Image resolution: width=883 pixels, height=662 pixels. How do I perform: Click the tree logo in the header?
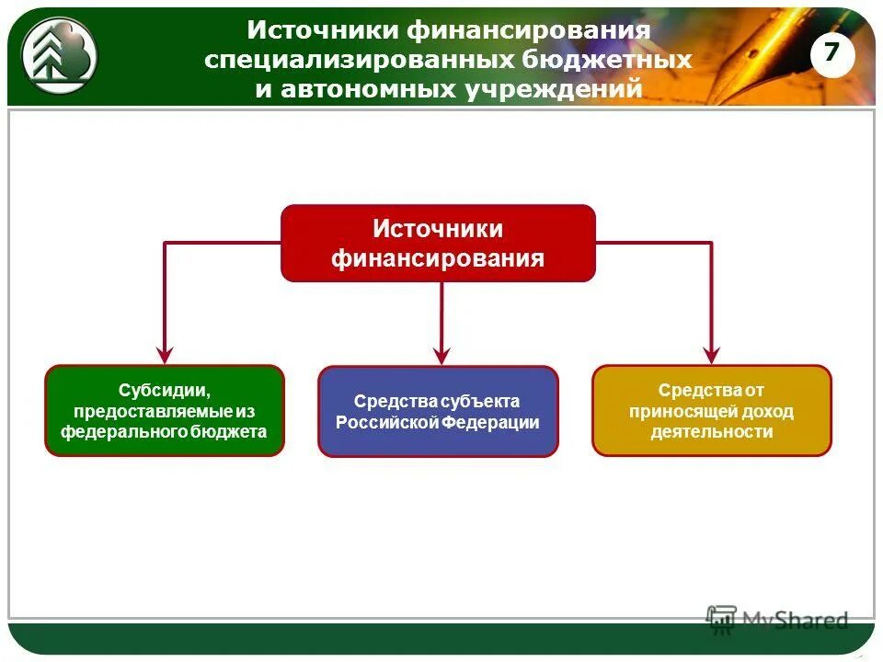(x=59, y=53)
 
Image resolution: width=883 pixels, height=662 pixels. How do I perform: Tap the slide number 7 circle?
(x=831, y=53)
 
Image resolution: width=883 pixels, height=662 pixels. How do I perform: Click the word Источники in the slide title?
(x=321, y=29)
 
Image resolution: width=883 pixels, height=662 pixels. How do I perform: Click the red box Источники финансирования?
(x=438, y=243)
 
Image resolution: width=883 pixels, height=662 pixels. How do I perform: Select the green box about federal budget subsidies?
(x=165, y=410)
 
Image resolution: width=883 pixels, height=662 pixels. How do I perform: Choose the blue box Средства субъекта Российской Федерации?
(x=438, y=411)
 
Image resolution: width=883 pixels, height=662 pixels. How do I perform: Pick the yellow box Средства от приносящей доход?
(x=711, y=411)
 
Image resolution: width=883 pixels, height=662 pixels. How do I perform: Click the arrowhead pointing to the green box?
(x=165, y=354)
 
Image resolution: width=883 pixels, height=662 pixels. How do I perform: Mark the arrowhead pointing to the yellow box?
(x=711, y=354)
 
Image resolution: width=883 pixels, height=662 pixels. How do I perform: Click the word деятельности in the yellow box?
(x=711, y=431)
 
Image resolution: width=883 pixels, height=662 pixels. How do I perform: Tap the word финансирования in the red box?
(x=438, y=257)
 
